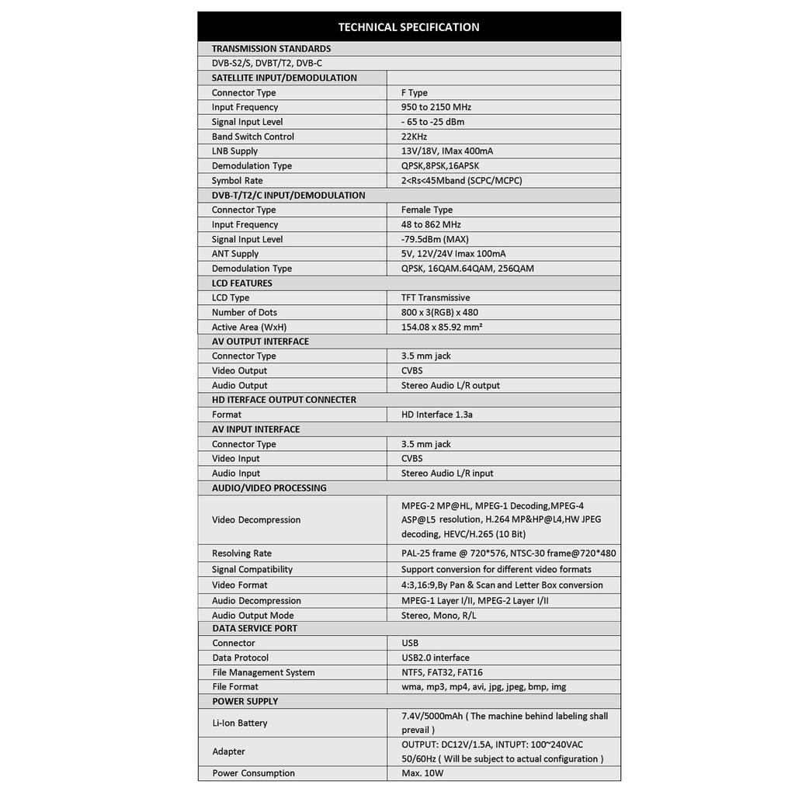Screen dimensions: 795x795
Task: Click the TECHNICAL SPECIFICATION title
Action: coord(408,27)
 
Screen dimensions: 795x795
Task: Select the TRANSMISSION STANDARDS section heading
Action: coord(271,49)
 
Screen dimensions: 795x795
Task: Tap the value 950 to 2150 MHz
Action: coord(436,107)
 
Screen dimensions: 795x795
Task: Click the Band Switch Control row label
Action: coord(253,137)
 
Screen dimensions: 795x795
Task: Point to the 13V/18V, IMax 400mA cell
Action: coord(447,151)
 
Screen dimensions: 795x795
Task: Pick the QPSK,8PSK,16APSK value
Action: coord(440,166)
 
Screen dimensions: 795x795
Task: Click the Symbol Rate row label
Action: coord(238,181)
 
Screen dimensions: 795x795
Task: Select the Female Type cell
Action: coord(427,210)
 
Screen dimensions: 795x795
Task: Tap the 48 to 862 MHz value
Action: coord(431,224)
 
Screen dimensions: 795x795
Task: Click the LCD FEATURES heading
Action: coord(242,283)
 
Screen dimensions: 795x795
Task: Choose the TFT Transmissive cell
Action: coord(436,298)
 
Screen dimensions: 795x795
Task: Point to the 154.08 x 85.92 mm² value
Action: coord(442,328)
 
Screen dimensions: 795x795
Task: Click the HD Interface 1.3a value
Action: coord(437,415)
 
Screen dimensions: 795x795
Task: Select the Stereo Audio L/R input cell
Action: coord(447,474)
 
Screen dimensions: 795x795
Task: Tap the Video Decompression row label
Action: coord(256,520)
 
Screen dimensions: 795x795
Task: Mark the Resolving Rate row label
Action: coord(242,554)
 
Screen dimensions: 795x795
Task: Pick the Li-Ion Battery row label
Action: coord(240,723)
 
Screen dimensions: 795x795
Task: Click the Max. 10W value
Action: coord(424,773)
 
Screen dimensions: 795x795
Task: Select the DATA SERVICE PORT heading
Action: coord(255,628)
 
